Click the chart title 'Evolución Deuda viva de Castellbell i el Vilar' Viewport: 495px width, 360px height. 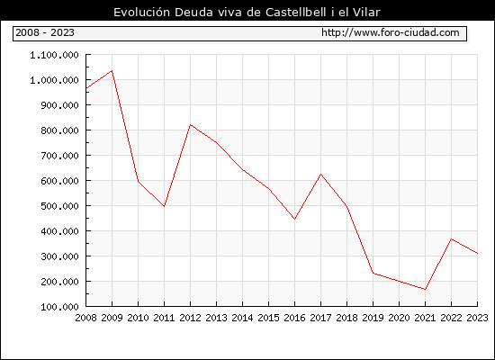tap(247, 12)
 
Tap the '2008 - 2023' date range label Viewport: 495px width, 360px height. tap(45, 32)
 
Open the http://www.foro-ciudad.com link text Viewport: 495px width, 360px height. tap(391, 32)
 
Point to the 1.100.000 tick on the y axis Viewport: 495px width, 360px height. tap(54, 55)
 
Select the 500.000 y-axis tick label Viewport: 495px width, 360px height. tap(59, 206)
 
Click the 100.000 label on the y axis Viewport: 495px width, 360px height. tap(59, 307)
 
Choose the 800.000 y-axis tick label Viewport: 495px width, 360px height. tap(59, 130)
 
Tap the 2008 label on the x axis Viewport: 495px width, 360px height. tap(85, 318)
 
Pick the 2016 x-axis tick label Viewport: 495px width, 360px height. tap(294, 318)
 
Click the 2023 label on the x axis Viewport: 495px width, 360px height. tap(477, 318)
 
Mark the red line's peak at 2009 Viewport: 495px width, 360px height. tap(112, 71)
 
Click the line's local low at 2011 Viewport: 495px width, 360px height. tap(164, 206)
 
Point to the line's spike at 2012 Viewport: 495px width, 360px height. tap(191, 125)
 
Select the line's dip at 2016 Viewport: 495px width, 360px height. tap(294, 219)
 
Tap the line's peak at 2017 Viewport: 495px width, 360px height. tap(320, 174)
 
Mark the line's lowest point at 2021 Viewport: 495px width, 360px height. tap(425, 289)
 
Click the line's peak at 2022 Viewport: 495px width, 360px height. tap(452, 239)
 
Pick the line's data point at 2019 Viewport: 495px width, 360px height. tap(373, 274)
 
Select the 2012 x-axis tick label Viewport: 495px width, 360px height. tap(191, 318)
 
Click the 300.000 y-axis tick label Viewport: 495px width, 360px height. tap(59, 256)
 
